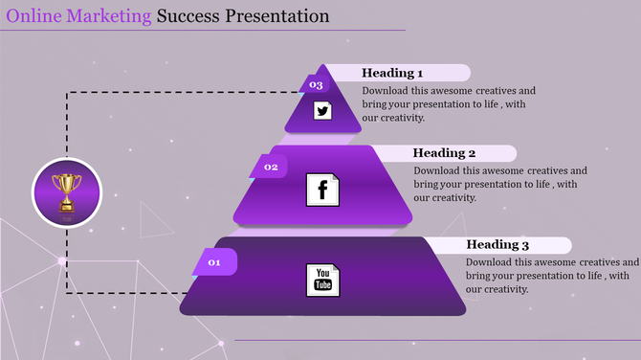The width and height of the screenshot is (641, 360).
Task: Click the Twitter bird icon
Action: pos(322,111)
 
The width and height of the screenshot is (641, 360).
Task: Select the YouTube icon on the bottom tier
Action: pos(322,280)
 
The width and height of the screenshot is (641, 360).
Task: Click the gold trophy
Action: pos(67,191)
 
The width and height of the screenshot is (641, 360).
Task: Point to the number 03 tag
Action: pos(317,85)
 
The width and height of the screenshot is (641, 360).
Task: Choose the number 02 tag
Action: pos(271,168)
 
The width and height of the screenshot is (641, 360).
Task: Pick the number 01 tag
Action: pos(215,261)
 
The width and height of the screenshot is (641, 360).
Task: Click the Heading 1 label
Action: pos(392,73)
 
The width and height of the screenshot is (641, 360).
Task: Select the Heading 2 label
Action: pos(444,153)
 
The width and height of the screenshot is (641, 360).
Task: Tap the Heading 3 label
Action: pos(497,245)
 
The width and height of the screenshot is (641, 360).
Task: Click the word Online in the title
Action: pos(33,16)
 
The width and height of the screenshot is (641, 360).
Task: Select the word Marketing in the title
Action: pos(108,16)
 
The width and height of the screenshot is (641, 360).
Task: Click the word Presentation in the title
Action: pos(278,16)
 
